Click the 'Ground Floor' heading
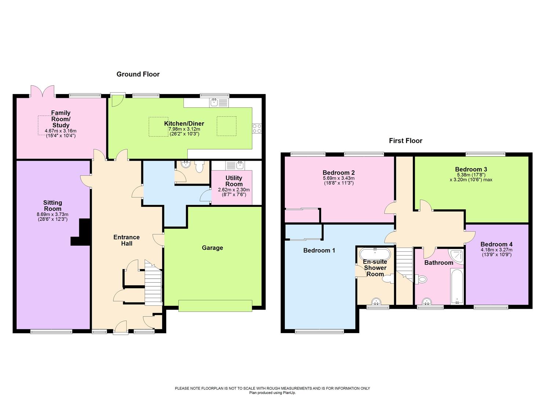pos(138,74)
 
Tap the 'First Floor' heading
pos(406,141)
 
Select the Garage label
pos(212,248)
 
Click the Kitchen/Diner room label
pos(184,124)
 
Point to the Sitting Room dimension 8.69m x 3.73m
pos(53,215)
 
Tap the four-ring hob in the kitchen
pos(257,128)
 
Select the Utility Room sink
pos(235,165)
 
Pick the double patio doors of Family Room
pos(42,91)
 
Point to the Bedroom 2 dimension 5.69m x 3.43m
pos(338,178)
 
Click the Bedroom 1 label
pos(319,251)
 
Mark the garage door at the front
pos(215,305)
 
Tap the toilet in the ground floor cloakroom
pos(199,167)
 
